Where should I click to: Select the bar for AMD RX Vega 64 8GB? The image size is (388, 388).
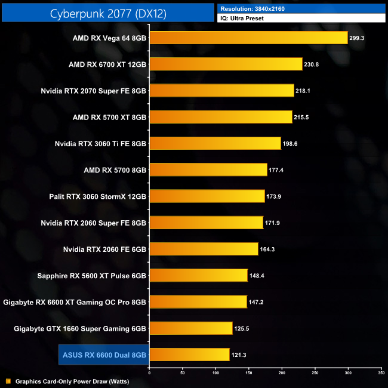tap(248, 38)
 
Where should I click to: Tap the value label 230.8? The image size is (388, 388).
tap(311, 64)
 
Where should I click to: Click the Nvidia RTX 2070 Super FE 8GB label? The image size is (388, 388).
tap(94, 91)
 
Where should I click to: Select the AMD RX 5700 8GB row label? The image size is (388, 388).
tap(115, 170)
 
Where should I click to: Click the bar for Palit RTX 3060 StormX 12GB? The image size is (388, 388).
tap(207, 196)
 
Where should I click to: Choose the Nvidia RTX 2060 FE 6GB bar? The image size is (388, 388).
tap(204, 249)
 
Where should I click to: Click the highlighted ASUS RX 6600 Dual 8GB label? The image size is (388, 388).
tap(104, 355)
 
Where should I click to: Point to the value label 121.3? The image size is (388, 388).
tap(238, 355)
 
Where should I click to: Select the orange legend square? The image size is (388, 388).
tap(8, 381)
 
